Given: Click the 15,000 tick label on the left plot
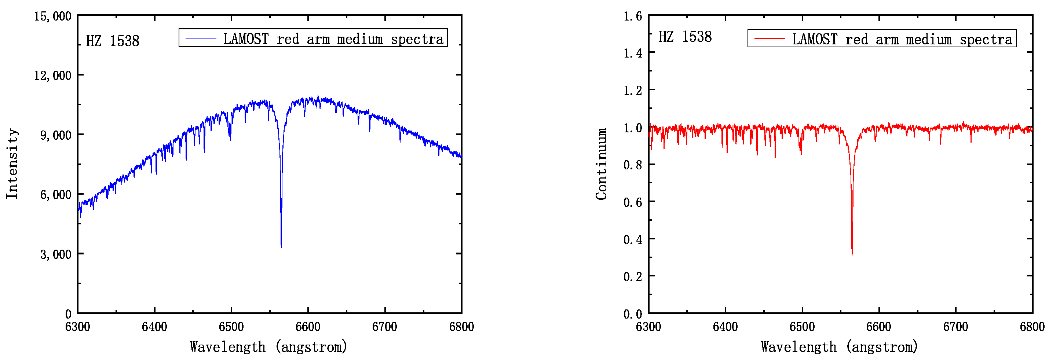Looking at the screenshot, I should [x=52, y=16].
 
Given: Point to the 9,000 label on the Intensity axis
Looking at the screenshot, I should [x=55, y=135].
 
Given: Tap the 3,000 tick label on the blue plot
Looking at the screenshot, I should [x=55, y=254].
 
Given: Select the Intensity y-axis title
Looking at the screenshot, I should [x=12, y=164].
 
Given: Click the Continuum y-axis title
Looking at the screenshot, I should [x=602, y=164].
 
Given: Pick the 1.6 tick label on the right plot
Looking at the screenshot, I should [x=632, y=16].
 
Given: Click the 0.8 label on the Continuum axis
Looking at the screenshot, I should [x=632, y=165].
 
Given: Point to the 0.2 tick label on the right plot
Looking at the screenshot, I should [x=632, y=276].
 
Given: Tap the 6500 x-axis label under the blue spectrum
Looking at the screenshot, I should [x=231, y=327].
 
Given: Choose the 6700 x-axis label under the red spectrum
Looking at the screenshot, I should [x=955, y=327].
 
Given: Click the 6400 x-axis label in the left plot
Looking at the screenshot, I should [x=154, y=327].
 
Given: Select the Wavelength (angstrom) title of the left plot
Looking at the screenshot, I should [x=268, y=347].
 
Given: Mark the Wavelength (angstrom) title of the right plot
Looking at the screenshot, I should [x=839, y=347].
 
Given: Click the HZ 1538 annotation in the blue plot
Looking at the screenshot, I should [x=112, y=41].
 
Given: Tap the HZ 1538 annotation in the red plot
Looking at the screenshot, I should [x=685, y=37].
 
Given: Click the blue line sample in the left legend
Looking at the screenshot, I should [x=201, y=38].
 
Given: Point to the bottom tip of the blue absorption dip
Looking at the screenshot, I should [x=281, y=246].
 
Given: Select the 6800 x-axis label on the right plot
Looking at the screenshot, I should [x=1032, y=327].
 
